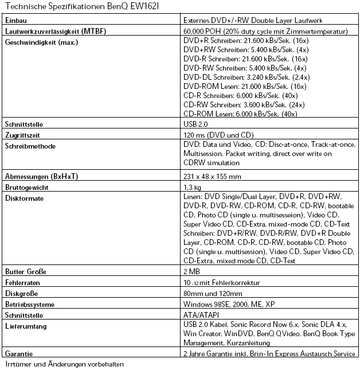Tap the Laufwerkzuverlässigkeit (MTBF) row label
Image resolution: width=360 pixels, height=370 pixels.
pos(56,30)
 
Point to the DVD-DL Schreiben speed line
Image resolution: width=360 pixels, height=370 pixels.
pos(246,77)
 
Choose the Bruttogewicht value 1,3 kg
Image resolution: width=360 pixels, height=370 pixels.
pos(191,187)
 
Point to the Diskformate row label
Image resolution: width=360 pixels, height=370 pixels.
pos(25,198)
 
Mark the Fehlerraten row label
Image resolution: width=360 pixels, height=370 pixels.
pos(22,282)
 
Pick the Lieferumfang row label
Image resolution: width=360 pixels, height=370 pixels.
pos(26,326)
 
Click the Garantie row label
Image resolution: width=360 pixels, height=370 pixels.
pos(19,354)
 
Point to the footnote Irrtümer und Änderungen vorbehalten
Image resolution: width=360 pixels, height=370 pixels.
pos(64,364)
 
